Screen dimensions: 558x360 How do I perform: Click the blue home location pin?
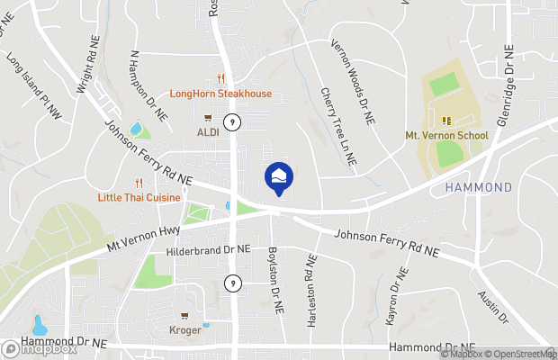click(278, 176)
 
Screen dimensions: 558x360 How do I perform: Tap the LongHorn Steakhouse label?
click(220, 94)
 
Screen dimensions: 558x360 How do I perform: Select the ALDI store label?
click(208, 131)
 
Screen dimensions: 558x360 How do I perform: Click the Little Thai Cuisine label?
click(139, 196)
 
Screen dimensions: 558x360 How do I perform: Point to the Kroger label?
click(185, 329)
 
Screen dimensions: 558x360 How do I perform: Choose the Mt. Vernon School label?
click(446, 136)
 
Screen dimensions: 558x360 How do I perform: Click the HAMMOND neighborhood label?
click(479, 187)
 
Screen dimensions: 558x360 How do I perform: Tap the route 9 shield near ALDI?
click(232, 121)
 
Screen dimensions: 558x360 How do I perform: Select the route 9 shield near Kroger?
click(232, 283)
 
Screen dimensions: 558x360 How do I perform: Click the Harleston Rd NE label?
click(311, 288)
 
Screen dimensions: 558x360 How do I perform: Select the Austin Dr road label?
click(492, 307)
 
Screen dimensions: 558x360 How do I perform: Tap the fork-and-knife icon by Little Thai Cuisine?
click(139, 181)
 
